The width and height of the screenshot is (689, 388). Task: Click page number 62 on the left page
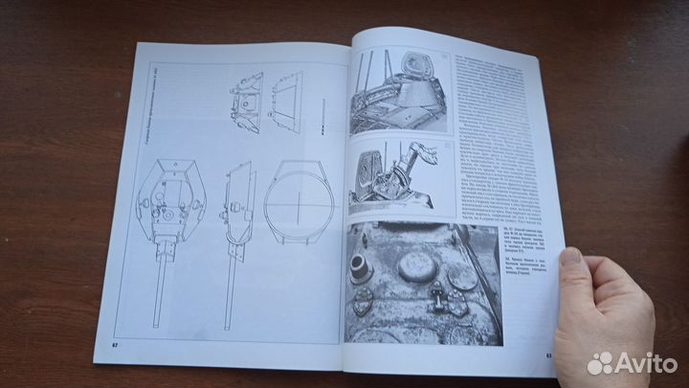click(114, 341)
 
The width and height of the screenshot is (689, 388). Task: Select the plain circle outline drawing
click(299, 200)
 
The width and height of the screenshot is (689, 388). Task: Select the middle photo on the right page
click(389, 178)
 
